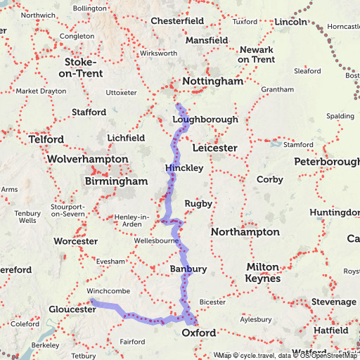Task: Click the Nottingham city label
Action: (x=212, y=82)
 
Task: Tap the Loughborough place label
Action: (x=205, y=120)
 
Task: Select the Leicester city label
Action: (x=214, y=148)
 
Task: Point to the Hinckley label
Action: (x=184, y=169)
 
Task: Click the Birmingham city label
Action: (x=116, y=181)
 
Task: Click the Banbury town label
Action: (x=188, y=269)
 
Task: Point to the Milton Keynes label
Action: (x=262, y=273)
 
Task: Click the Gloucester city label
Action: (x=72, y=309)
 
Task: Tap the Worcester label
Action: (x=75, y=241)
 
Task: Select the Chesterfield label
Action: (x=177, y=21)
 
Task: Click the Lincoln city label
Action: (x=291, y=22)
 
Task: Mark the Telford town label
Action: (x=46, y=139)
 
